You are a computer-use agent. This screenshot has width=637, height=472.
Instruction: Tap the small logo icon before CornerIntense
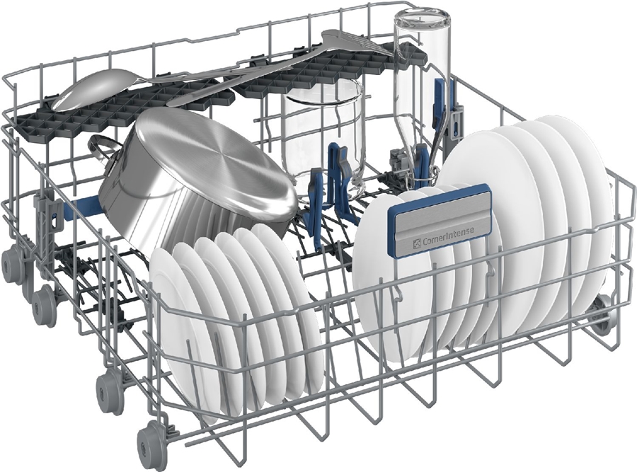(416, 243)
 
